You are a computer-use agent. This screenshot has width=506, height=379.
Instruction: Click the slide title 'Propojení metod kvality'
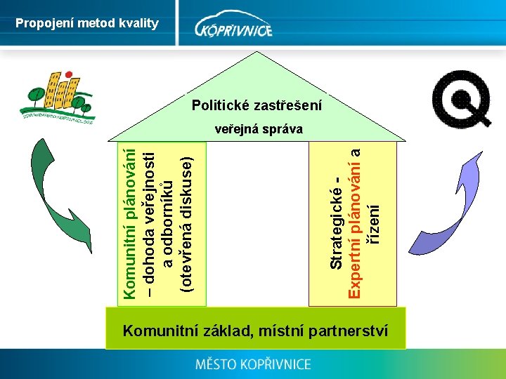[87, 23]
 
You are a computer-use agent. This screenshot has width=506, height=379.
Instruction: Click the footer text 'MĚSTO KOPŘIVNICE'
[253, 364]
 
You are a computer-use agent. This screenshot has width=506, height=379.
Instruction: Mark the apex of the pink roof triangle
[257, 53]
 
